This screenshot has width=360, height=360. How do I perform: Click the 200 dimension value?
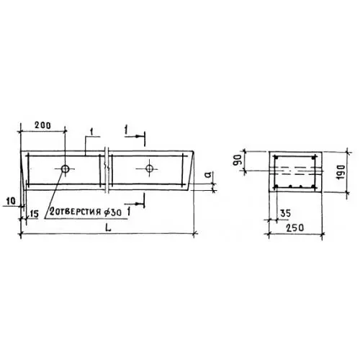coord(43,125)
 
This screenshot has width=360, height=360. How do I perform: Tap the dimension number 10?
coord(10,201)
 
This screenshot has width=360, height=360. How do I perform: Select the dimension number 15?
coord(34,214)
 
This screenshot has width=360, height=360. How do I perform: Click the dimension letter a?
coord(209,174)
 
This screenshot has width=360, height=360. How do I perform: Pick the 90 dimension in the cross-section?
coord(238,160)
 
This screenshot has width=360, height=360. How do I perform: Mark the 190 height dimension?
coord(341,172)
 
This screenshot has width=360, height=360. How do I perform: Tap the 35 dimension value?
coord(285,213)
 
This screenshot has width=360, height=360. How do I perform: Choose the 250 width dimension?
coord(294,228)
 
